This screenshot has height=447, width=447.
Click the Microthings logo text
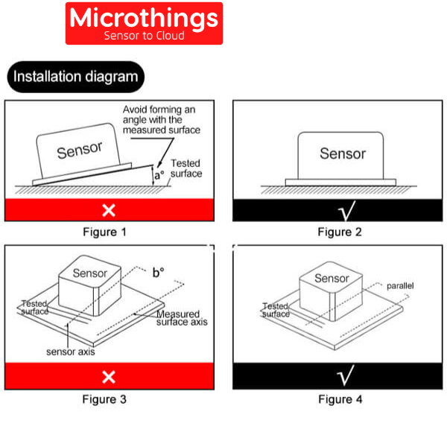click(144, 19)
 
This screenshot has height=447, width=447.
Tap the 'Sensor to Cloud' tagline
click(144, 36)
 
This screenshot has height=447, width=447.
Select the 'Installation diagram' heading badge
click(75, 76)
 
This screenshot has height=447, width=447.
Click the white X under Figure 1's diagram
click(109, 210)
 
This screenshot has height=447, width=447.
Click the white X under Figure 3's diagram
click(109, 376)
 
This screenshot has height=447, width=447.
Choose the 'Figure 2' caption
click(340, 232)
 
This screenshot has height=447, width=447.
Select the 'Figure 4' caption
click(340, 399)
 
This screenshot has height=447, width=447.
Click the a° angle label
click(159, 177)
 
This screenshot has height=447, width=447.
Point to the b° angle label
click(158, 273)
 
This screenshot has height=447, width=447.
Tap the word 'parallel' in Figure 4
click(399, 285)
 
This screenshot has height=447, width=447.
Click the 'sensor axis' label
click(71, 352)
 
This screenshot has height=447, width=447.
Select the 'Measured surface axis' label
click(182, 318)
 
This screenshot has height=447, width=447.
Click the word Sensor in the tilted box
click(80, 150)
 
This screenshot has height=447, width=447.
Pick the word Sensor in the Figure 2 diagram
click(343, 153)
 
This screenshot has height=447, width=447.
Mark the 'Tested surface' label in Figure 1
click(186, 168)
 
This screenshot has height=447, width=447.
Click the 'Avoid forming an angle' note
click(162, 119)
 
